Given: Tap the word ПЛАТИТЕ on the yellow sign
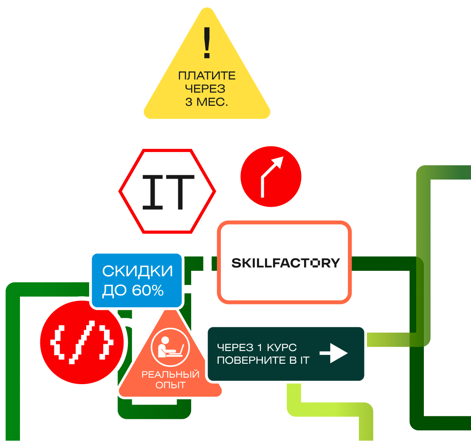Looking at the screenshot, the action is (x=207, y=76).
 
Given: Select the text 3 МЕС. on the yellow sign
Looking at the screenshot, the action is (x=207, y=102).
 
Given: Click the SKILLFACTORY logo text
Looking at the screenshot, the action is (x=285, y=263).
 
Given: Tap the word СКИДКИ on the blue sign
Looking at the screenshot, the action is (x=138, y=272).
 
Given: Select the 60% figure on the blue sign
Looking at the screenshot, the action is (x=148, y=291).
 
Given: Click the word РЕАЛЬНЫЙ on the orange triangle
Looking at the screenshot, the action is (x=170, y=375).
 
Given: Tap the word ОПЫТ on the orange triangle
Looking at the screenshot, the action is (x=170, y=385).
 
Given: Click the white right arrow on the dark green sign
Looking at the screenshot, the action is (x=333, y=353).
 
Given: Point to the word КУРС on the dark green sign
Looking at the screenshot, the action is (x=282, y=348).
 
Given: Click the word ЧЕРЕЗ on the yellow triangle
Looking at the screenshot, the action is (x=207, y=90).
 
